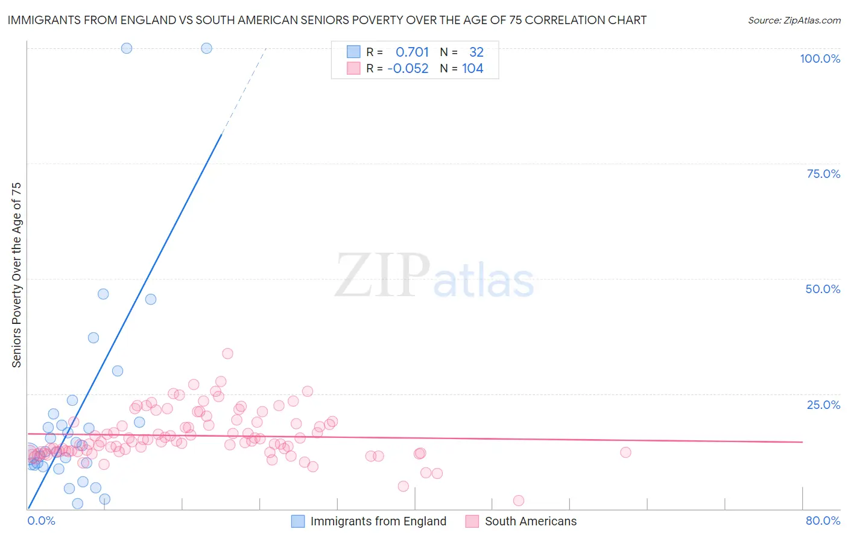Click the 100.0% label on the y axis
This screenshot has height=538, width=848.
820,59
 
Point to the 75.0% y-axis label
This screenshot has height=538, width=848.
823,174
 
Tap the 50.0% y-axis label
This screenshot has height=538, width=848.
823,289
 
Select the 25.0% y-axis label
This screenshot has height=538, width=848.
823,405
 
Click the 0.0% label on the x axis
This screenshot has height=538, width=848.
41,521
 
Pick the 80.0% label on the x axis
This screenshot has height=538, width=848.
823,521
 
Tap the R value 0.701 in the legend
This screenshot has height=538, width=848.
412,52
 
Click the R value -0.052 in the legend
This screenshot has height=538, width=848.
408,68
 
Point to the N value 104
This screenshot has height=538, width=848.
472,68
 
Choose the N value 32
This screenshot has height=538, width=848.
476,52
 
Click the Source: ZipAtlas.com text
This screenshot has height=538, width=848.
794,20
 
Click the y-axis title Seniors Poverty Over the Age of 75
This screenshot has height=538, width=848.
16,274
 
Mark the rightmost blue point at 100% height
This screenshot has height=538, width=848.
206,48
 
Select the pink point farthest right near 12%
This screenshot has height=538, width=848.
625,452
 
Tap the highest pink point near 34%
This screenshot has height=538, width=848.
227,353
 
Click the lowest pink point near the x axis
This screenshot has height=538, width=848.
519,501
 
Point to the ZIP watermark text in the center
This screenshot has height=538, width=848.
382,276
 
